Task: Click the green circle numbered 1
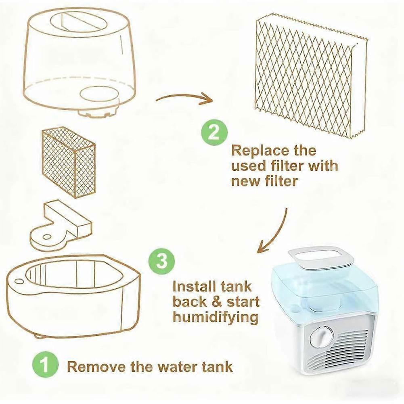pyautogui.click(x=46, y=366)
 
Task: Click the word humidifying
pyautogui.click(x=215, y=317)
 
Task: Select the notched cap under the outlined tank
pyautogui.click(x=98, y=112)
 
